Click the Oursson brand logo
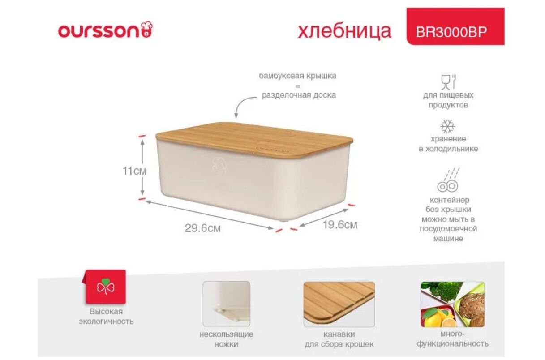point(105,30)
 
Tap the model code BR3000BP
point(451,32)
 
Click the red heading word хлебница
point(344,31)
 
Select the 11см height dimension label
point(134,171)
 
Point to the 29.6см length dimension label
point(203,228)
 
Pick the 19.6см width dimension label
point(340,225)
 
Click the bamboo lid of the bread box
point(254,139)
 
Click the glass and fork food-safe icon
point(448,82)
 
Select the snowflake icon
point(448,126)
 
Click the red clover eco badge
point(105,287)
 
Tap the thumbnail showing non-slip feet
point(226,304)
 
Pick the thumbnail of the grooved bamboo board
point(339,304)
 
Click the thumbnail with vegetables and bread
point(453,304)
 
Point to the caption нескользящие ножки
point(226,339)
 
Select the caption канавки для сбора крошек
point(339,339)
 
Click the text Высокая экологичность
point(106,317)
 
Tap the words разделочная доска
point(299,95)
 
